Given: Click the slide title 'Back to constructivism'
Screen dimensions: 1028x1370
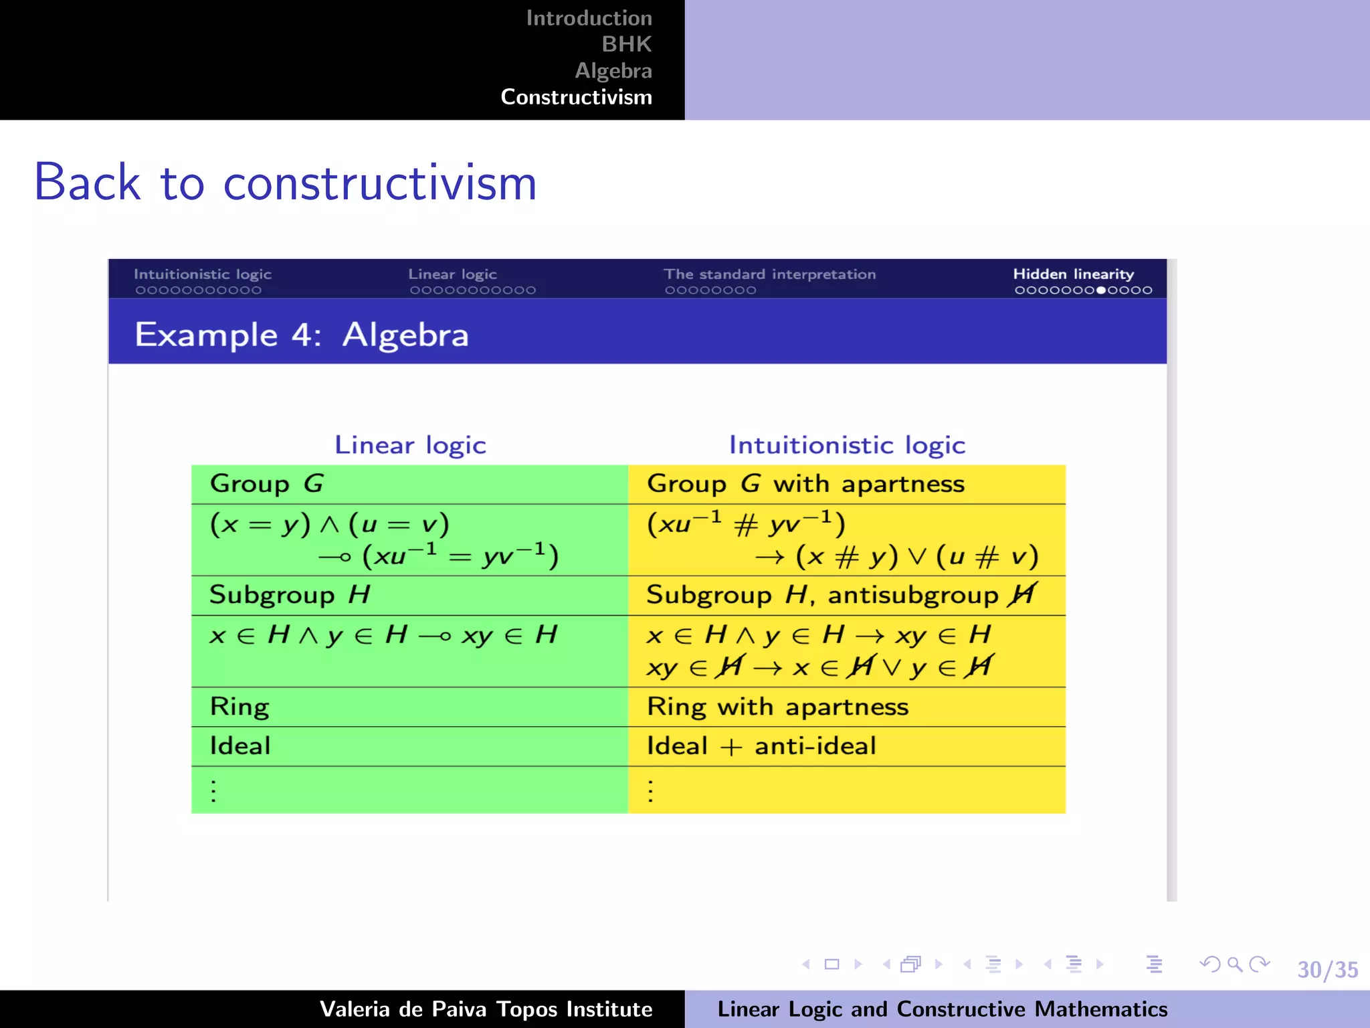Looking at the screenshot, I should tap(286, 183).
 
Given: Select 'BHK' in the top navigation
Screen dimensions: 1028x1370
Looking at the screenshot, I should tap(626, 44).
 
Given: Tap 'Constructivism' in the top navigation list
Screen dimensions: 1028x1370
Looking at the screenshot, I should tap(576, 97).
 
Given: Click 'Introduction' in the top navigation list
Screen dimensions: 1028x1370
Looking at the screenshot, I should tap(589, 18).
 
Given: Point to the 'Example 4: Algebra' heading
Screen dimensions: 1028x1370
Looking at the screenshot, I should tap(302, 334).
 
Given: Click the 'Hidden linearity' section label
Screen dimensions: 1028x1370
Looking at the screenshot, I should tap(1073, 274).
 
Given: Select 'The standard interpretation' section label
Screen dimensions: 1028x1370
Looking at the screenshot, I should tap(769, 274).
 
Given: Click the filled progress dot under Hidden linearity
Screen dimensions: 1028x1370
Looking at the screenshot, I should tap(1101, 290).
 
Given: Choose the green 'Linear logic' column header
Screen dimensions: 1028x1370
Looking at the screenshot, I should tap(410, 445).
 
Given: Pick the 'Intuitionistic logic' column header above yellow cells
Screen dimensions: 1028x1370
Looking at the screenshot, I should tap(847, 445).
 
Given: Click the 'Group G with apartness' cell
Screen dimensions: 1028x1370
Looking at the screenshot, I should tap(805, 484).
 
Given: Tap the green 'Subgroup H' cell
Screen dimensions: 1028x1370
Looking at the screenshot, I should tap(290, 595).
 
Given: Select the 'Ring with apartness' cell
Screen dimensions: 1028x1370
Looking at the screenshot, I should tap(777, 707).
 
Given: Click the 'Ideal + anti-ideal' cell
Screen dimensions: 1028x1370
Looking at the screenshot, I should tap(761, 746).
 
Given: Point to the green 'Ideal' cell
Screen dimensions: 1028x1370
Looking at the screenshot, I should tap(240, 746).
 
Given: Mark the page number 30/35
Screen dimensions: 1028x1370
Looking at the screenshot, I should tap(1327, 970).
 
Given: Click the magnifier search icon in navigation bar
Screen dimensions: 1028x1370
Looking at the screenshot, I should tap(1235, 964).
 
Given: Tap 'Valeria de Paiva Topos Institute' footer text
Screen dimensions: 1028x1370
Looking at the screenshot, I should tap(486, 1009).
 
